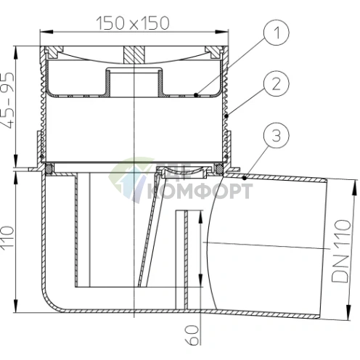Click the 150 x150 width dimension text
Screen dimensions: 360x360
(x=133, y=23)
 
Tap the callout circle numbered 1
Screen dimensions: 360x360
(x=277, y=33)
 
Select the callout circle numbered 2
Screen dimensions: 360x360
(x=277, y=83)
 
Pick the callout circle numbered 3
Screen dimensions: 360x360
(x=277, y=136)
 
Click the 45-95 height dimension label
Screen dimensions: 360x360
(x=8, y=100)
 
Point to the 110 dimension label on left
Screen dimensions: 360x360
(x=8, y=237)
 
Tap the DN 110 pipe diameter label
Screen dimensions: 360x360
(x=341, y=251)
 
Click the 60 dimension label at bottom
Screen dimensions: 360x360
(x=192, y=335)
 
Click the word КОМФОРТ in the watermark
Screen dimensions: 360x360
(x=200, y=191)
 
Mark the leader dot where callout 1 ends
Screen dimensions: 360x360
(x=197, y=95)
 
